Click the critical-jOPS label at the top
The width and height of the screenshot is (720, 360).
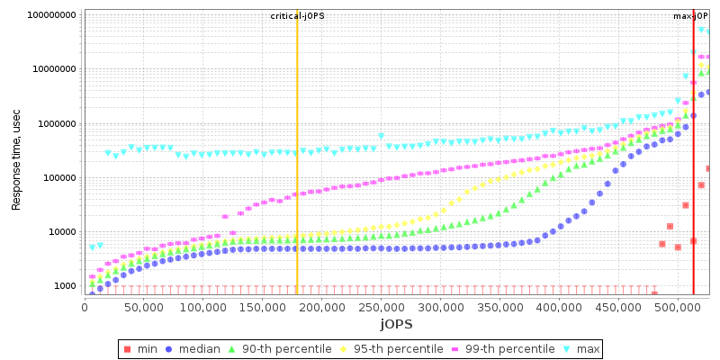297,16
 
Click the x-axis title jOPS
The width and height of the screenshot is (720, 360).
395,323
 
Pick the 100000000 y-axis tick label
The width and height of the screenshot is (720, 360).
51,15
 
